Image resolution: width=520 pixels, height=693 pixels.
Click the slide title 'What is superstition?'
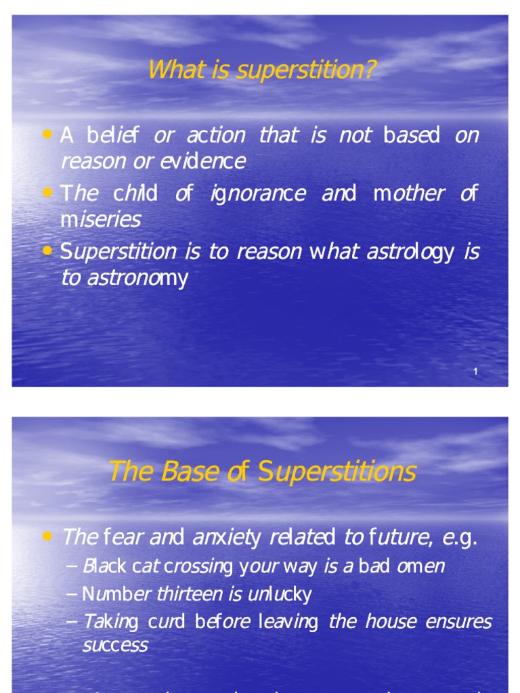(261, 70)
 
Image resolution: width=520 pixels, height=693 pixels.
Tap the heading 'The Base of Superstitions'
(262, 472)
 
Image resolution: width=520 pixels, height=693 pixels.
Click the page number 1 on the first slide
(476, 372)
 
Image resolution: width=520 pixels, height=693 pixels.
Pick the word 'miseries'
(101, 219)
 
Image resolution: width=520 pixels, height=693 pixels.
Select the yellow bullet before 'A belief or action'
(47, 135)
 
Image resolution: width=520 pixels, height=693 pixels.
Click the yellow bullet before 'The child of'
(47, 193)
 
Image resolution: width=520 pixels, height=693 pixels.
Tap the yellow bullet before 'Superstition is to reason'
(47, 251)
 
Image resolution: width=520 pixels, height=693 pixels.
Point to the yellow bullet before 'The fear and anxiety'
(47, 537)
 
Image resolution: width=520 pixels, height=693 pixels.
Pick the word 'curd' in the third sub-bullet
(165, 622)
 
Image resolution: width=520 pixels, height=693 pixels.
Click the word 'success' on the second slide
(115, 645)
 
